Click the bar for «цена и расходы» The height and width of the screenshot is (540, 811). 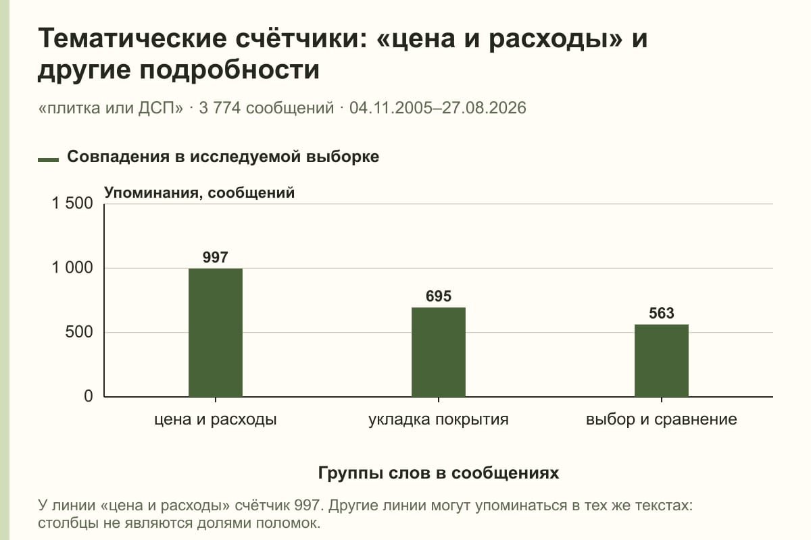(216, 332)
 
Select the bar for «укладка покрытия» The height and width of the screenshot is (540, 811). (439, 352)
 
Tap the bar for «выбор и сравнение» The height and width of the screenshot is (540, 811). (662, 360)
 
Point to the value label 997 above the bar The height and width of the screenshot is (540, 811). (216, 257)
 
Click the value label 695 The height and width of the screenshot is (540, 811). (439, 296)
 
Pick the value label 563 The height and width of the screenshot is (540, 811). (662, 313)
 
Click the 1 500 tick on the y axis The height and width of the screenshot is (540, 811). (72, 203)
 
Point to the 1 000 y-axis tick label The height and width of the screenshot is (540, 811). (72, 268)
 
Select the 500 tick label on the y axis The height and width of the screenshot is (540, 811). (79, 332)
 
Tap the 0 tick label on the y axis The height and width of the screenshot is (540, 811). (89, 396)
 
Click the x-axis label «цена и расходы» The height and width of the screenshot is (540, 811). (216, 420)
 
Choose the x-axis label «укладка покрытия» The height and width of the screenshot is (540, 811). (439, 420)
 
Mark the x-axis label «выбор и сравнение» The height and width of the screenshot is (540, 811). (662, 420)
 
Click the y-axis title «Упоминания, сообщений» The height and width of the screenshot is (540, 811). (199, 193)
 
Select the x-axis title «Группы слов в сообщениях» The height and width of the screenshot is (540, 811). (439, 473)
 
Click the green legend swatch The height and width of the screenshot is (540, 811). (48, 159)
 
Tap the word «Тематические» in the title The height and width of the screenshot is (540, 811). (132, 38)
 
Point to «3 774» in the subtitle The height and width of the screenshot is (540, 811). (220, 108)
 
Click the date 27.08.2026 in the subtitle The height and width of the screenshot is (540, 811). (484, 108)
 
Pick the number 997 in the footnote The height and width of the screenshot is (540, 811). (308, 506)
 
